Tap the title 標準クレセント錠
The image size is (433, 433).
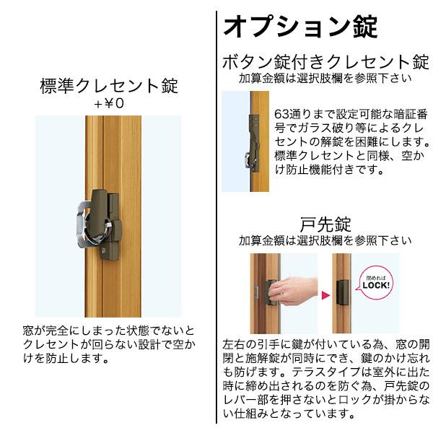coord(109,87)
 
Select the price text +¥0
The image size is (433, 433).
coord(109,103)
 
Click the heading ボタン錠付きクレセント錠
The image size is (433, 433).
coord(325,61)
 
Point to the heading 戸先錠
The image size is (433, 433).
coord(325,222)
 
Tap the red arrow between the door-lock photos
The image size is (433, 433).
coord(325,294)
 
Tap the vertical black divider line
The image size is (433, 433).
coord(216,216)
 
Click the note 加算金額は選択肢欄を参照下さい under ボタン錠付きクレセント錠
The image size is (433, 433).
coord(325,78)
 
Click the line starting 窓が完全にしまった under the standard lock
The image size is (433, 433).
coord(109,331)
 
